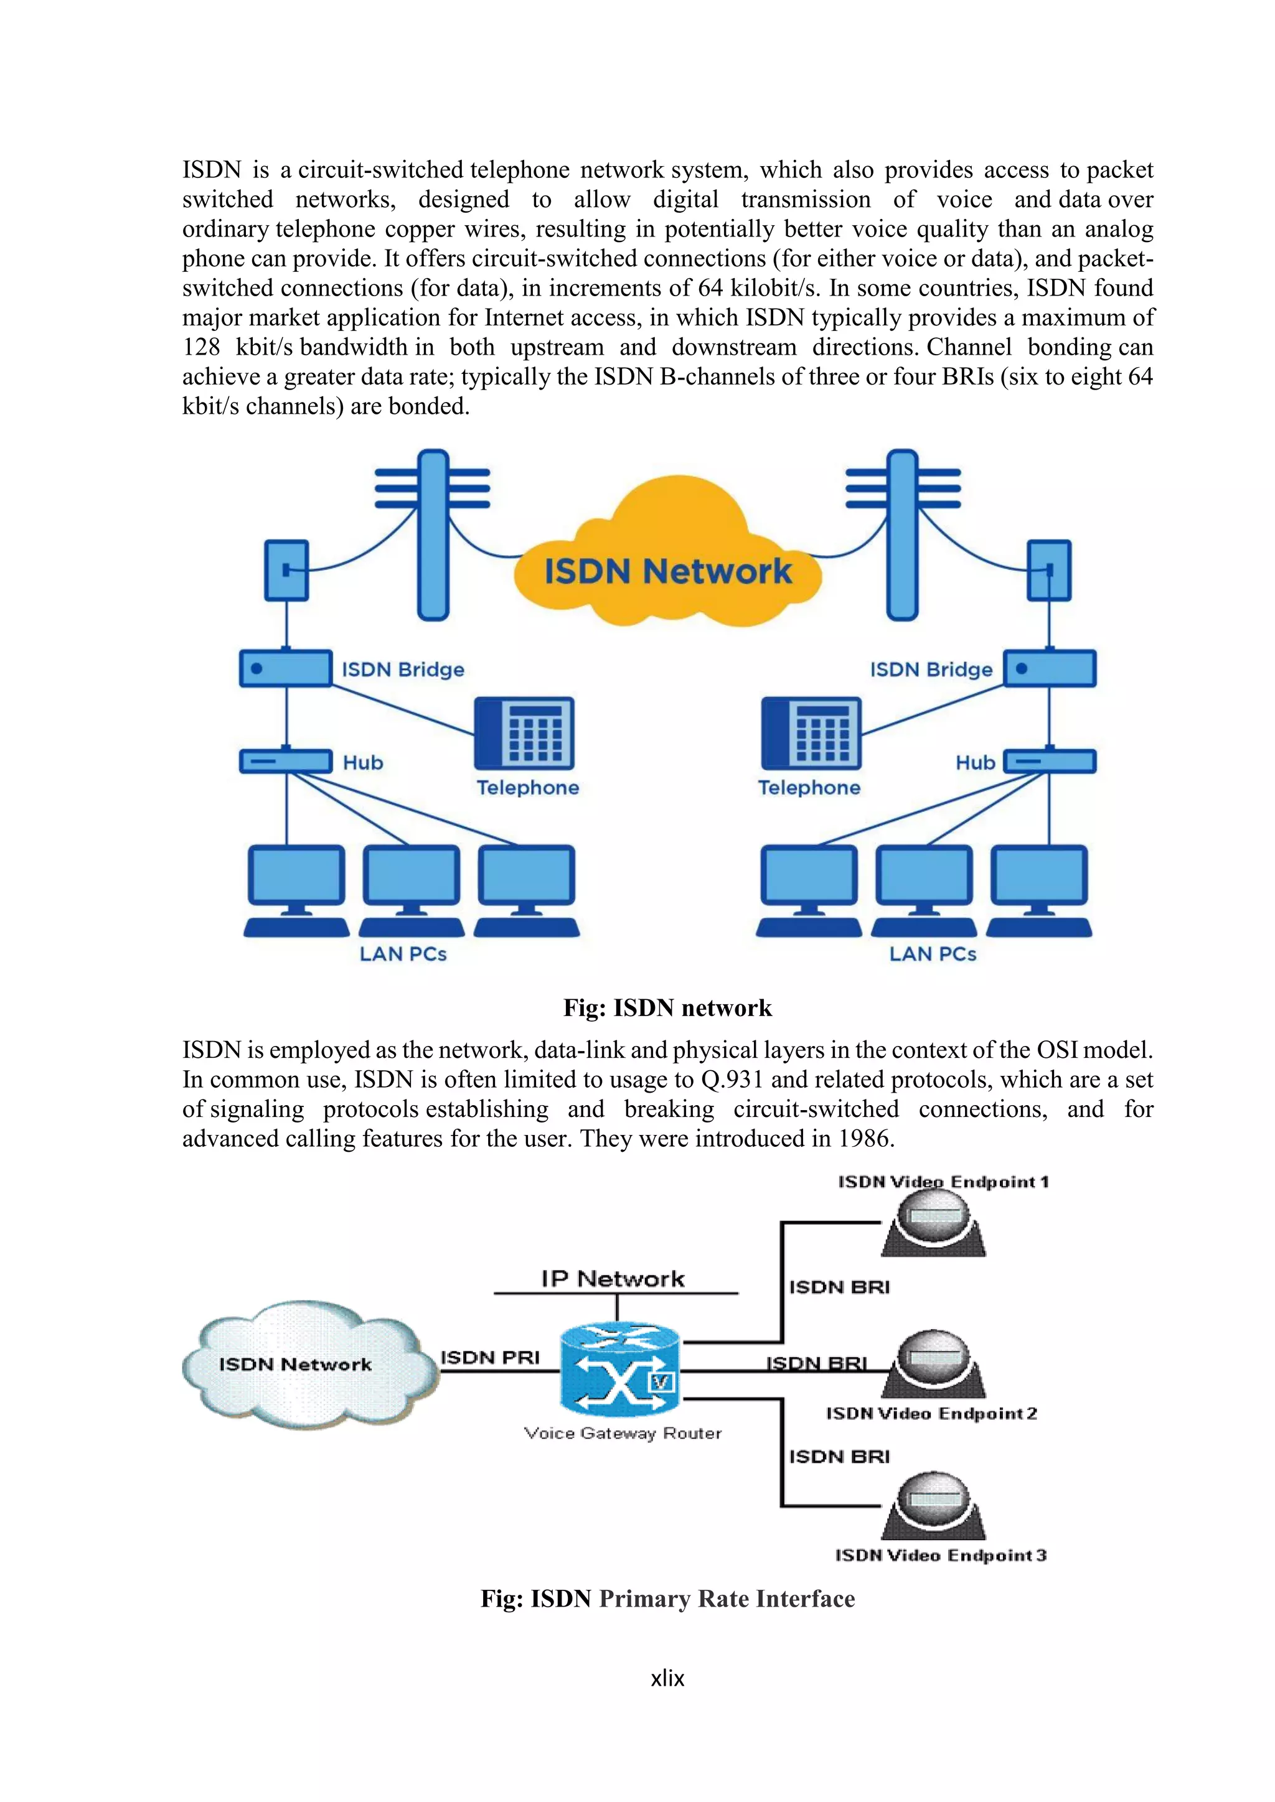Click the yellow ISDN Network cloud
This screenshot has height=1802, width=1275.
pos(667,561)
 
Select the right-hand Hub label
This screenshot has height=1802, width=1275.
pos(974,762)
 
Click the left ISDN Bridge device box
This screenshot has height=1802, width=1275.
pos(285,669)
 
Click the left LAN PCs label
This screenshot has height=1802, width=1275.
pos(403,954)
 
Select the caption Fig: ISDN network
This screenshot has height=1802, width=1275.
pos(667,1008)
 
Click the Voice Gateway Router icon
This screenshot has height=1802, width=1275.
pos(620,1370)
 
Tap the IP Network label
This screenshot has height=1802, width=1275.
pos(613,1279)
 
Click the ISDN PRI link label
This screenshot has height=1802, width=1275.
pos(490,1357)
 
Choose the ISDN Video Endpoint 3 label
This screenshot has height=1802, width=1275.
pos(941,1555)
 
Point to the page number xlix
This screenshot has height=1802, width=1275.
pos(667,1678)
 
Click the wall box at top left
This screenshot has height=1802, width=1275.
pos(286,571)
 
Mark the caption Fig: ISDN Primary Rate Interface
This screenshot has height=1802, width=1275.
pos(667,1599)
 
